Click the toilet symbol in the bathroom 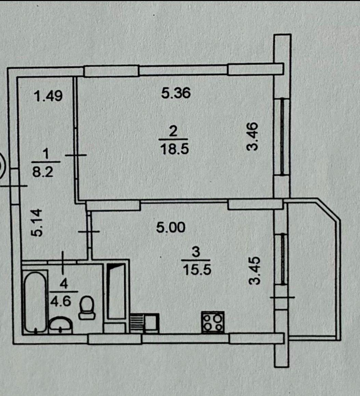point(87,308)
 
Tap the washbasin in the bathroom point(61,325)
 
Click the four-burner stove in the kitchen point(213,322)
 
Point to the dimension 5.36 point(176,93)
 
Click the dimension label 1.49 point(48,96)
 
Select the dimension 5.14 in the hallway point(36,223)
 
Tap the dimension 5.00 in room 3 point(171,227)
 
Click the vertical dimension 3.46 point(252,136)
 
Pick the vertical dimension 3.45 point(254,271)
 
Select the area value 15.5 point(197,270)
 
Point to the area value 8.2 point(43,172)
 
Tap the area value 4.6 point(61,301)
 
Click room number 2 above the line point(173,132)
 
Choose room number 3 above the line point(196,252)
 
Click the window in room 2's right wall point(282,136)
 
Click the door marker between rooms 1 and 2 point(76,155)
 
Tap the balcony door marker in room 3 point(282,297)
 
